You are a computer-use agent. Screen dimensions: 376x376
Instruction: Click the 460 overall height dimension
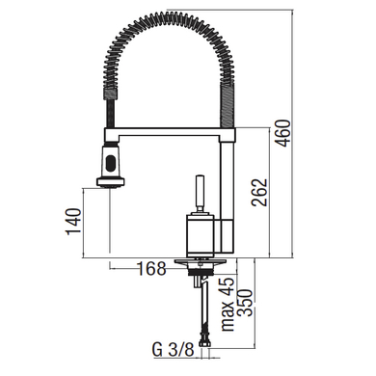(x=283, y=133)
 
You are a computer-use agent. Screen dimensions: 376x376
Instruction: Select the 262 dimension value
(x=259, y=192)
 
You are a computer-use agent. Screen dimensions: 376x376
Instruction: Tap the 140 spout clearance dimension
(x=73, y=221)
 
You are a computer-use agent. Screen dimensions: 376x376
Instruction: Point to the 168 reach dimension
(x=152, y=268)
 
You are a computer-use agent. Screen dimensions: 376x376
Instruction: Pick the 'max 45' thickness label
(x=228, y=304)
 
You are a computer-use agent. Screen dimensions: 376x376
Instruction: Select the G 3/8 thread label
(x=174, y=349)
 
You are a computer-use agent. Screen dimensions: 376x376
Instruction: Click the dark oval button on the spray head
(x=111, y=163)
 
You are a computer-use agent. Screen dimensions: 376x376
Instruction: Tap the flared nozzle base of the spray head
(x=110, y=181)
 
